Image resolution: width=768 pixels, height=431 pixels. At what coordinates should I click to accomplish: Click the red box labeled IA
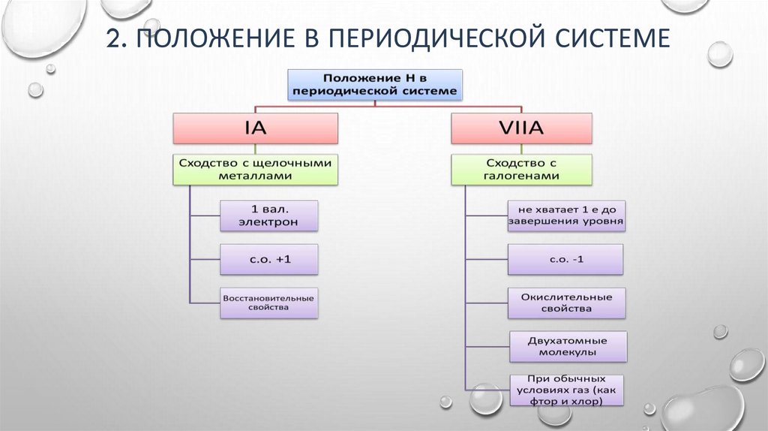tap(256, 128)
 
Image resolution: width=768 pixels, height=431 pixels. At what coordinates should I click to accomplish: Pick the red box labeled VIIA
tap(522, 128)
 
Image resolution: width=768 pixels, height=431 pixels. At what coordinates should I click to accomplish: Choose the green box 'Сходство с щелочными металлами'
tap(256, 169)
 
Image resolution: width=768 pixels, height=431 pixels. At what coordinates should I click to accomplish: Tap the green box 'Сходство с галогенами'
tap(522, 169)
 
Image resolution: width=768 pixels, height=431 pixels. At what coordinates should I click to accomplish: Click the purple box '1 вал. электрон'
tap(269, 215)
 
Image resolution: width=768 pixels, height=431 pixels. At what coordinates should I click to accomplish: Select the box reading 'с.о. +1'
tap(269, 259)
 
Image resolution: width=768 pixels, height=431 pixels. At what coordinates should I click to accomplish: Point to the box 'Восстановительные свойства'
tap(269, 303)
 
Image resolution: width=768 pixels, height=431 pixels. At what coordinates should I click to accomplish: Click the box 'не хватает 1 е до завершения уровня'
tap(566, 215)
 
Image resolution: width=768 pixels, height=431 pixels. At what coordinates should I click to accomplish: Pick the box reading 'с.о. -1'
tap(566, 259)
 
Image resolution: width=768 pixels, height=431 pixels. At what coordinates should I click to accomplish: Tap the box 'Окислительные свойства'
tap(566, 303)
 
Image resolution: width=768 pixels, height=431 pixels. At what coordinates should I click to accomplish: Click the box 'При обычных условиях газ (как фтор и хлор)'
tap(566, 390)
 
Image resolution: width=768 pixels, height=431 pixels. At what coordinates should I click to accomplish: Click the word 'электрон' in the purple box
tap(269, 222)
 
